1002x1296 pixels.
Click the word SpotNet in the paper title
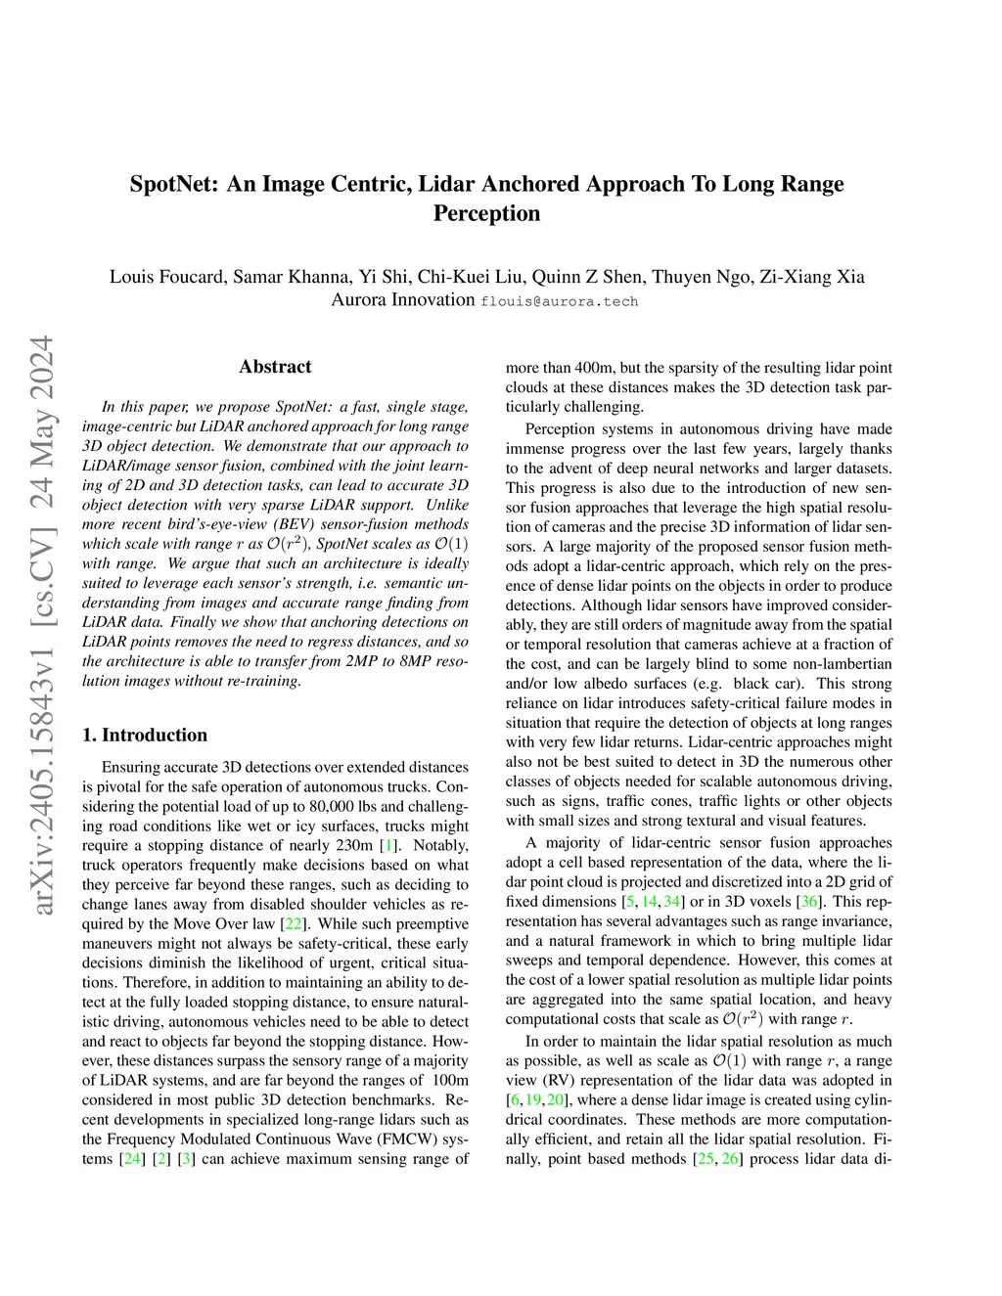(173, 184)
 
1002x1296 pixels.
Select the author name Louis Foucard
(165, 277)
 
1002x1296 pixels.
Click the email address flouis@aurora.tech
(559, 301)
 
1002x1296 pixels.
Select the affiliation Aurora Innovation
(402, 300)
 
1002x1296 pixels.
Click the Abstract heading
(275, 367)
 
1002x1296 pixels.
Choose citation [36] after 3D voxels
(810, 901)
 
